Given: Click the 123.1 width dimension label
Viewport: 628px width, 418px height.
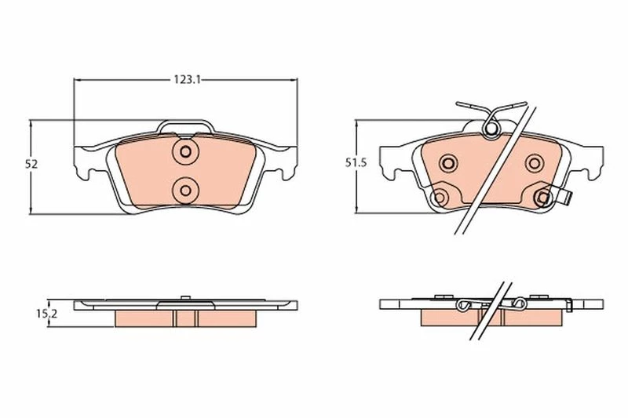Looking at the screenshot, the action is coord(187,79).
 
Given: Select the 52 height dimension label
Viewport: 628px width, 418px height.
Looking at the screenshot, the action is coord(31,164).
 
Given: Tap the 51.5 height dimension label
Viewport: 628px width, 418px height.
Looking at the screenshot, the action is coord(356,163).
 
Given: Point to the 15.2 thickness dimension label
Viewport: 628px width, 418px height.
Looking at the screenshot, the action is coord(47,314).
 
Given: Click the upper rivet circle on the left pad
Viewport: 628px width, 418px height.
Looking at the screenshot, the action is coord(185,151).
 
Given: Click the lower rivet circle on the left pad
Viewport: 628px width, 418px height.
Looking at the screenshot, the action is coord(185,191).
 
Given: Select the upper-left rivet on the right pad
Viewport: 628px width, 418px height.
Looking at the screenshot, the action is coord(448,163).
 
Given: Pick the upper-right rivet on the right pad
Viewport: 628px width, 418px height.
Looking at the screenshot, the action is coord(535,163).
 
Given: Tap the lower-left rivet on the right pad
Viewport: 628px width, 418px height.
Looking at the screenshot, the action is coord(440,197).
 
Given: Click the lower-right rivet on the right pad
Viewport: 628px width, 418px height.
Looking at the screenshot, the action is coord(543,197).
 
